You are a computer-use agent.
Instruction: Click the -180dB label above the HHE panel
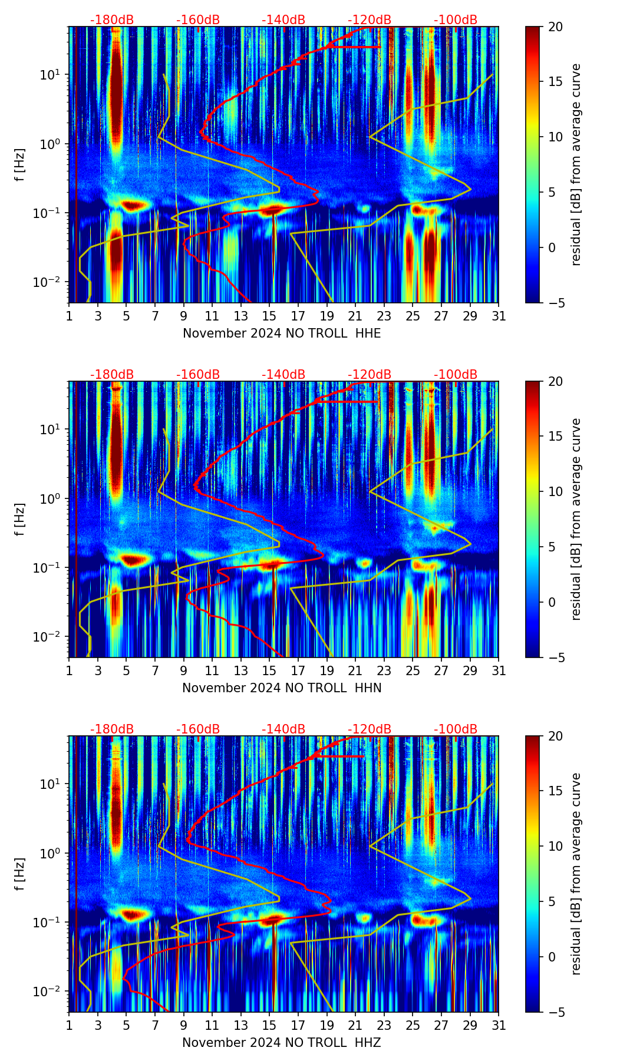[x=112, y=20]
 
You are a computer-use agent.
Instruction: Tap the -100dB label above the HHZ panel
[x=456, y=729]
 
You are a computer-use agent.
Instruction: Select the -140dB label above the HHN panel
[x=283, y=375]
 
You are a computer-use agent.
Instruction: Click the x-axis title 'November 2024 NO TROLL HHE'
[x=282, y=333]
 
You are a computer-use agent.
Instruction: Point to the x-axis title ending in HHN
[x=282, y=688]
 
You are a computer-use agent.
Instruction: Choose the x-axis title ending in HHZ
[x=282, y=1043]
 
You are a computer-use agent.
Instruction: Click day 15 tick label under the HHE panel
[x=269, y=316]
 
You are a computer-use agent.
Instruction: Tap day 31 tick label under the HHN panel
[x=499, y=670]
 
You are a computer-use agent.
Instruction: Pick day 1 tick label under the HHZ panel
[x=69, y=1025]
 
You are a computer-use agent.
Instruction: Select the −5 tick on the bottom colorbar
[x=554, y=1012]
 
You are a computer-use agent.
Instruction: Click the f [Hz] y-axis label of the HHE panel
[x=19, y=165]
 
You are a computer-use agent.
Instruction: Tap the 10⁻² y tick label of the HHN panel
[x=48, y=637]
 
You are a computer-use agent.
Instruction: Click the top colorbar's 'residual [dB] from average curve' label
[x=576, y=164]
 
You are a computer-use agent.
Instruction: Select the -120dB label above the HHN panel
[x=370, y=375]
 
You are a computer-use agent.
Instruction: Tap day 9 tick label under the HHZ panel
[x=183, y=1025]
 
